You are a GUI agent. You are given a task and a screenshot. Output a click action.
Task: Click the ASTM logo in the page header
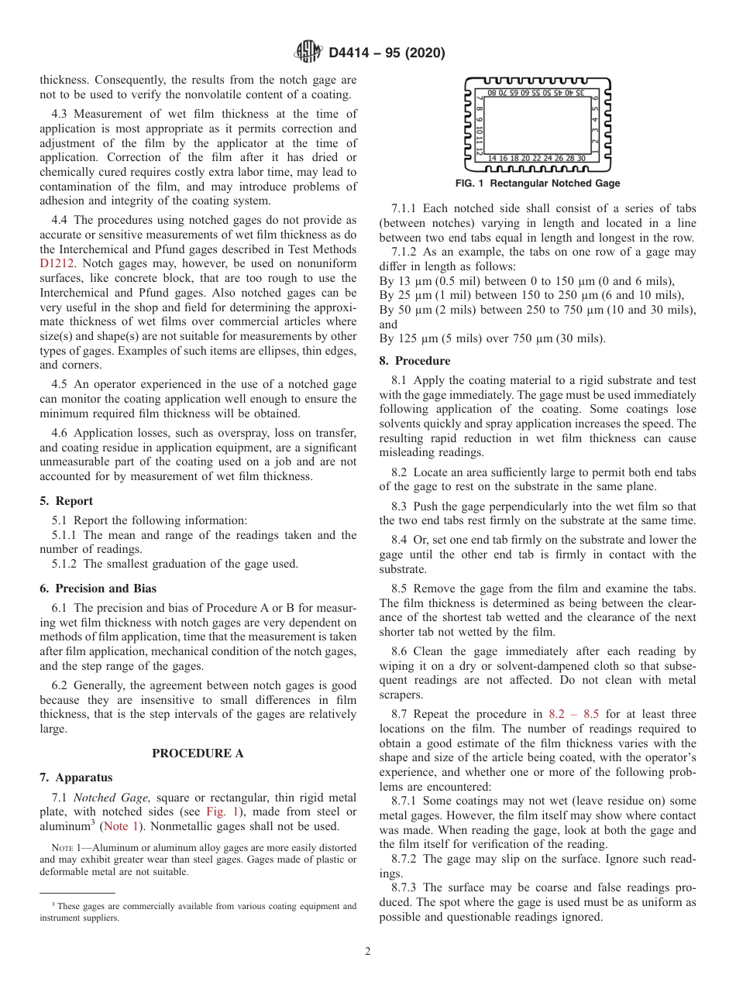coord(308,53)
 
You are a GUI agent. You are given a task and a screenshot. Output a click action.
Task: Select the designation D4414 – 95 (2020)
coord(387,53)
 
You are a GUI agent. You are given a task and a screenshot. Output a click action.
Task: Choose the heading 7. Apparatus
coord(76,777)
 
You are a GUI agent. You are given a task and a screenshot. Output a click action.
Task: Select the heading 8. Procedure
coord(414,361)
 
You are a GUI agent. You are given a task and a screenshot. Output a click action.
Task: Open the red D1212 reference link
coord(58,263)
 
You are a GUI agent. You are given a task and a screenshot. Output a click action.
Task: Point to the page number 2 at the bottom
coord(368,952)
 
